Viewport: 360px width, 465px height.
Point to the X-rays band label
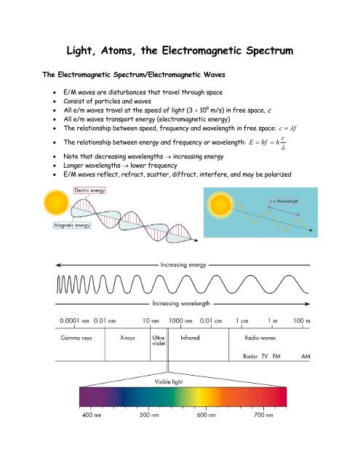pos(130,338)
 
